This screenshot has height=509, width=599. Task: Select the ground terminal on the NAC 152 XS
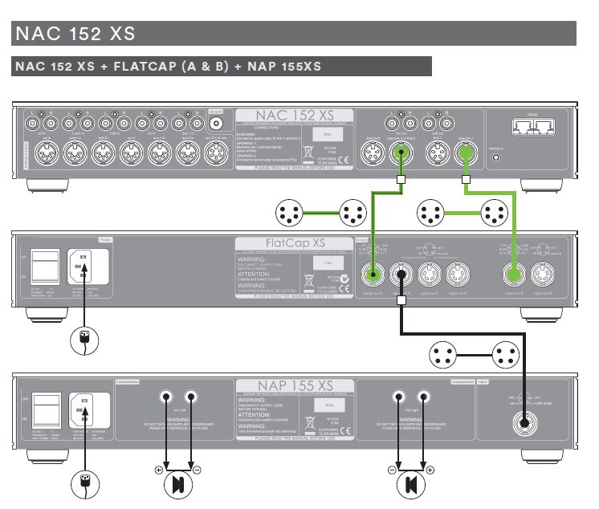[x=215, y=124]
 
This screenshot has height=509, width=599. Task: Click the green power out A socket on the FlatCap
[x=372, y=275]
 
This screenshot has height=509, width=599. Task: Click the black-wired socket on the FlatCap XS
[x=399, y=275]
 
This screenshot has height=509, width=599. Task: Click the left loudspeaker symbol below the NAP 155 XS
[x=178, y=484]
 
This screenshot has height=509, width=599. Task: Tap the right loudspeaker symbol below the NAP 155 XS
[x=410, y=484]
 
